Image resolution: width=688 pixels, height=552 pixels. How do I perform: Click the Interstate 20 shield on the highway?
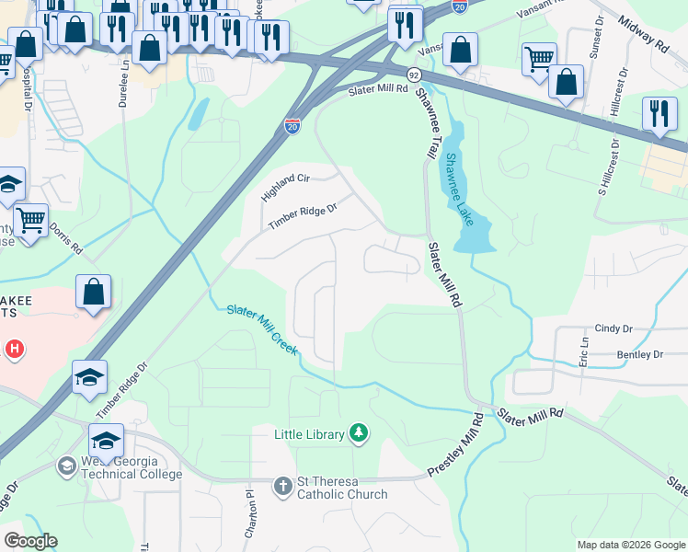coord(292,125)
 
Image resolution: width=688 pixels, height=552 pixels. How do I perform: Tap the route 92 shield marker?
coord(416,75)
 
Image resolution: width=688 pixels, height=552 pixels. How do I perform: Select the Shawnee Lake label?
coord(459,190)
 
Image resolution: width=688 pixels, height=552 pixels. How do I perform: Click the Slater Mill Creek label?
coord(263,328)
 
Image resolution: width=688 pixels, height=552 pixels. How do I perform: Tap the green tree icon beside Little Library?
coord(359,433)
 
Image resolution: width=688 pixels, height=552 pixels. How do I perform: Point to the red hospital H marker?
coord(14,349)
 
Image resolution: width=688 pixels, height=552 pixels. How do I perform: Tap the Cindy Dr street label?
coord(613,328)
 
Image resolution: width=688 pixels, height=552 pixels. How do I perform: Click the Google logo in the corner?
coord(30,541)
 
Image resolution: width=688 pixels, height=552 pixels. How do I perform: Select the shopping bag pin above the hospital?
coord(94,293)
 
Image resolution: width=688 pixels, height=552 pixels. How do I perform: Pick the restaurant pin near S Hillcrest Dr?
coord(659,114)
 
